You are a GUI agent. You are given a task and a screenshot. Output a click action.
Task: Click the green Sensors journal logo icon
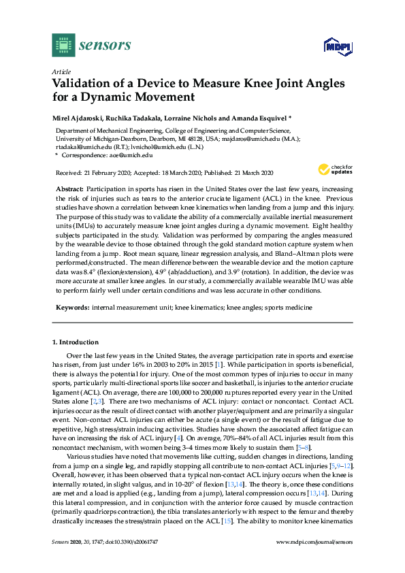(63, 45)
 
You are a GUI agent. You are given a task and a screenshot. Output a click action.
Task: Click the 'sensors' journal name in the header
(105, 46)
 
